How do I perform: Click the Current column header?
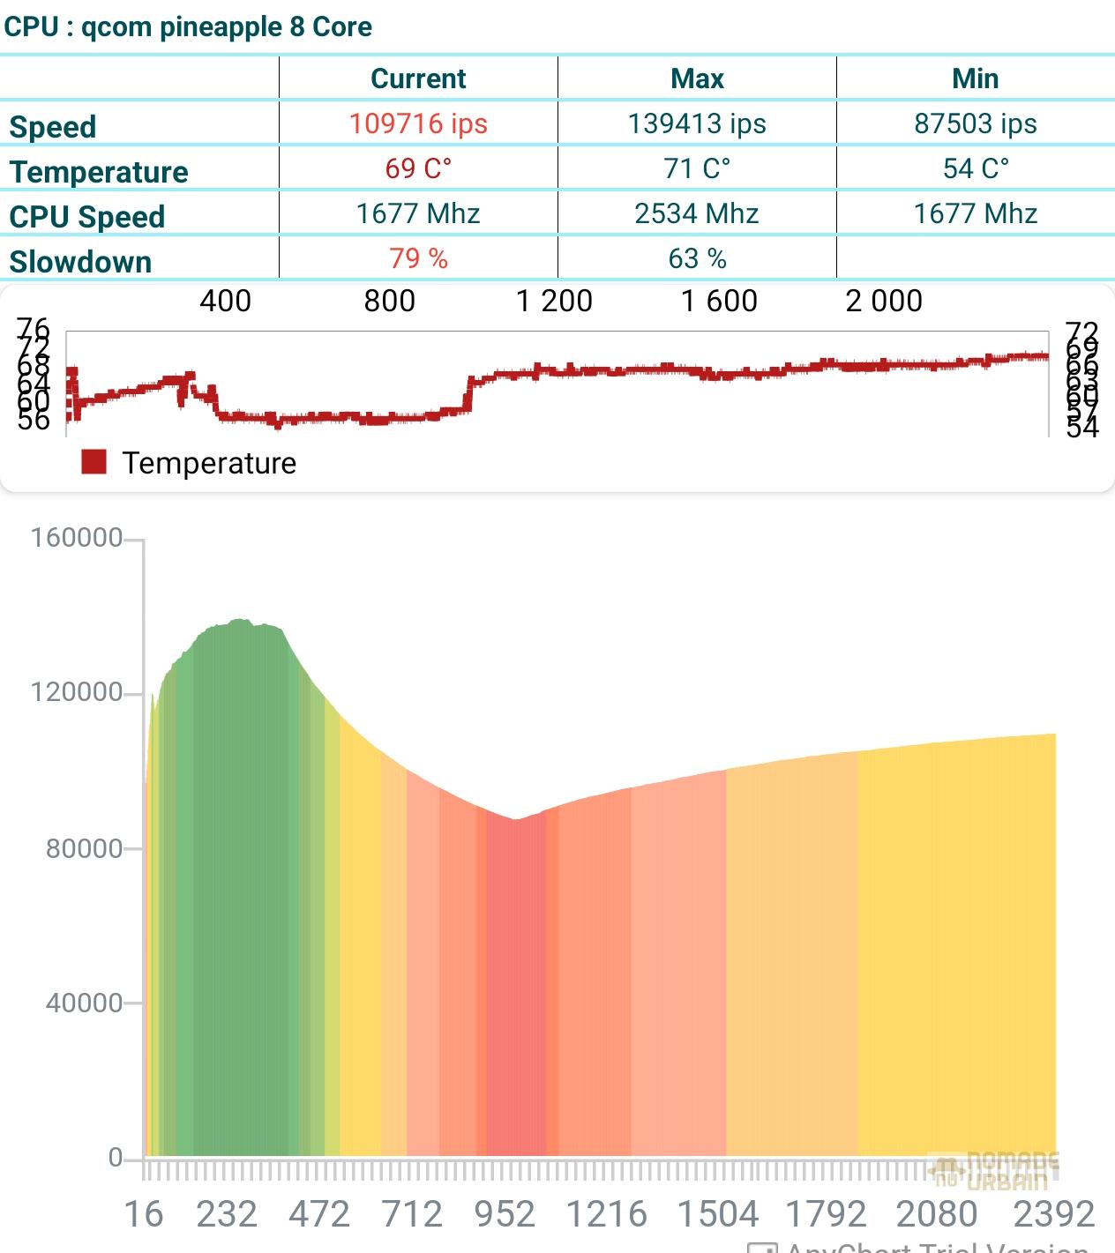click(x=418, y=78)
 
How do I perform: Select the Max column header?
click(x=697, y=78)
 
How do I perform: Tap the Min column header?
click(x=975, y=78)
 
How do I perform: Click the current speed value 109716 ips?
click(x=418, y=123)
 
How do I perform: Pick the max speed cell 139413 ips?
click(x=697, y=123)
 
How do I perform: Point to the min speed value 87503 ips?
click(x=975, y=123)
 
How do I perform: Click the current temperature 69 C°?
click(x=418, y=168)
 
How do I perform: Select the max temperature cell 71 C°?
click(x=697, y=168)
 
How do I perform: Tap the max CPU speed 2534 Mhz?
click(x=697, y=213)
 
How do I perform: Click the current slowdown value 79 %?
click(x=418, y=258)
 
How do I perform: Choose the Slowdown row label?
click(x=80, y=262)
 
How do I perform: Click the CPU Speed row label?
click(x=86, y=217)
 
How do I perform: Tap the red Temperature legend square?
click(x=94, y=462)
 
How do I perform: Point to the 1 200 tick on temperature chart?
click(x=554, y=301)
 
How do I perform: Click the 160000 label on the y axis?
click(x=77, y=537)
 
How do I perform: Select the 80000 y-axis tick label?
click(x=84, y=848)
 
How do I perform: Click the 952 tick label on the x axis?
click(x=505, y=1214)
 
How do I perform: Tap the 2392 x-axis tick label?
click(x=1054, y=1214)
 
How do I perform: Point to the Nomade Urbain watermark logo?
click(x=993, y=1170)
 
